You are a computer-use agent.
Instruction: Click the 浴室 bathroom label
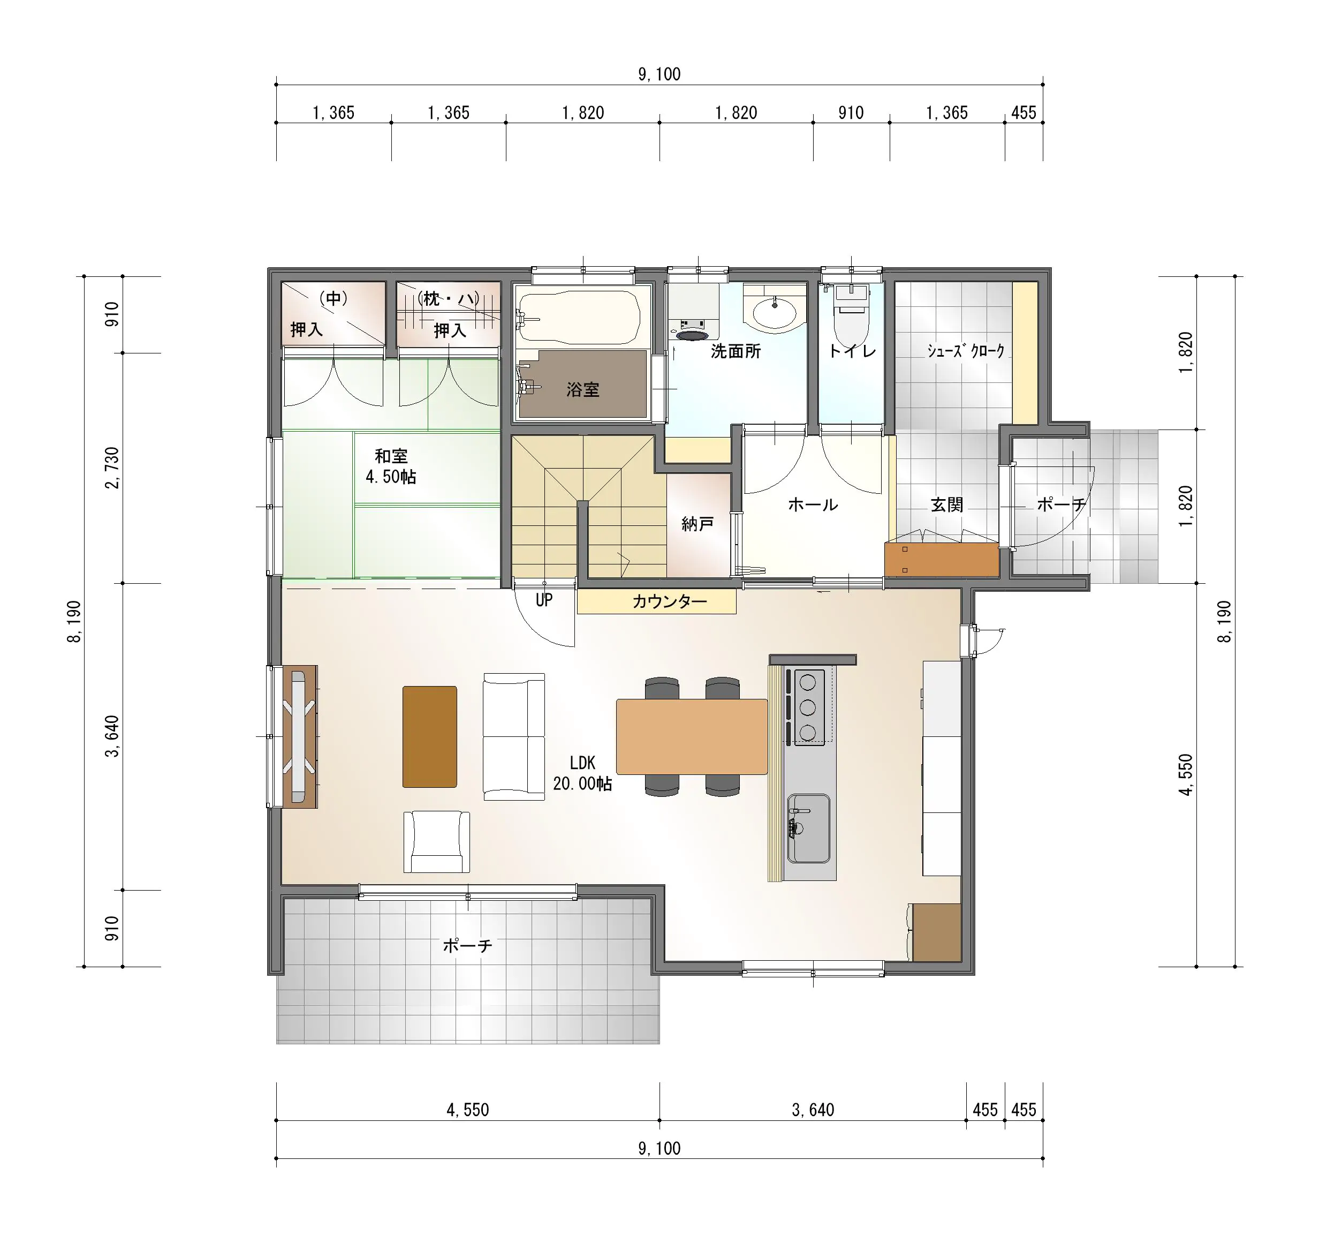582,389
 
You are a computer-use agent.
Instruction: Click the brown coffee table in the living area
429,736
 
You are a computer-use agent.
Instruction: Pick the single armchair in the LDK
437,841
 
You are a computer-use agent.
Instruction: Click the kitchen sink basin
809,828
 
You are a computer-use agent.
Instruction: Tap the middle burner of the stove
807,707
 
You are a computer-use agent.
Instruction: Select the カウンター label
670,602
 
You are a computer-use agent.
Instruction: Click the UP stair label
544,600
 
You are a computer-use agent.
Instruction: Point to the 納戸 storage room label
698,524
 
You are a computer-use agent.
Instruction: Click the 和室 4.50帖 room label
391,466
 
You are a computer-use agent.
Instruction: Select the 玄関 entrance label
947,505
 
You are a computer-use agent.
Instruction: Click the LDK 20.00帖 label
582,773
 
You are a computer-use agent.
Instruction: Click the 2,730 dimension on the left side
113,468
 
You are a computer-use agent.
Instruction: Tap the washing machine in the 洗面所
693,312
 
